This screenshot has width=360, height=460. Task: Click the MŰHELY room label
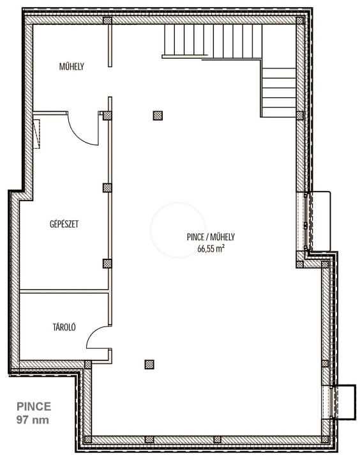(x=71, y=66)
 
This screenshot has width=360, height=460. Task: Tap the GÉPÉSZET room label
(x=64, y=224)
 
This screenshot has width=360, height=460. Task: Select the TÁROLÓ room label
(x=64, y=327)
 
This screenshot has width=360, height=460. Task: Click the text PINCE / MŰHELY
(x=211, y=237)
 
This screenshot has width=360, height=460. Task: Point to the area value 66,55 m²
(x=211, y=249)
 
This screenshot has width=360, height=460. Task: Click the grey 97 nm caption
(x=33, y=420)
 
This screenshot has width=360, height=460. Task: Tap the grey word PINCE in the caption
(x=34, y=406)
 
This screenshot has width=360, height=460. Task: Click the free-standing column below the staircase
(x=158, y=116)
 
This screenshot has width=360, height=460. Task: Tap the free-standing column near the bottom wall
(x=149, y=364)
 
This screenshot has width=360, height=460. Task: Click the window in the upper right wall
(x=306, y=222)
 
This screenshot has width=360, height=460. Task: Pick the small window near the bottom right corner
(x=331, y=402)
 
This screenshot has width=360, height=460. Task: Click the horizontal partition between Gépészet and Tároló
(x=64, y=291)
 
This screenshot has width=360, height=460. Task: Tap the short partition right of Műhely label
(x=110, y=45)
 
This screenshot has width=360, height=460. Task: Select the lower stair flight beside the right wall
(x=278, y=93)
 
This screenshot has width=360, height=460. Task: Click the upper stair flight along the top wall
(x=213, y=40)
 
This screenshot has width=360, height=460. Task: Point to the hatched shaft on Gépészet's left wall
(x=36, y=134)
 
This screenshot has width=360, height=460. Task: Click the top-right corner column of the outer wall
(x=299, y=20)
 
